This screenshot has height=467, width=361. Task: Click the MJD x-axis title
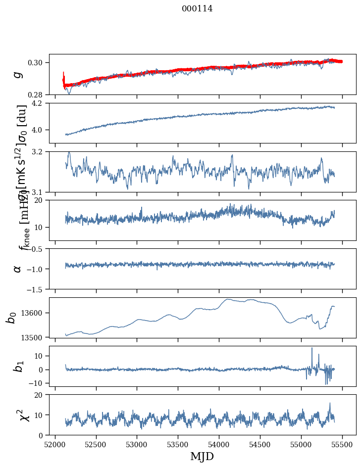(202, 457)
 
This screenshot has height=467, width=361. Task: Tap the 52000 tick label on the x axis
(55, 445)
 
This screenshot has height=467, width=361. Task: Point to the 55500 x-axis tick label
(343, 445)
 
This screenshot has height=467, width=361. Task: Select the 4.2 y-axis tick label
(41, 103)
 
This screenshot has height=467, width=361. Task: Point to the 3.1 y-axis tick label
(41, 192)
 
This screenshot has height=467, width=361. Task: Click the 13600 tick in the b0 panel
(35, 313)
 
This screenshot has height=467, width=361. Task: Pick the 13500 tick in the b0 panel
(35, 337)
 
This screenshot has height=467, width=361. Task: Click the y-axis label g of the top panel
(18, 74)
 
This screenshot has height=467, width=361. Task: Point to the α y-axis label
(18, 269)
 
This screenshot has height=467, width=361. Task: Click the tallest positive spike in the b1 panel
(312, 348)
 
